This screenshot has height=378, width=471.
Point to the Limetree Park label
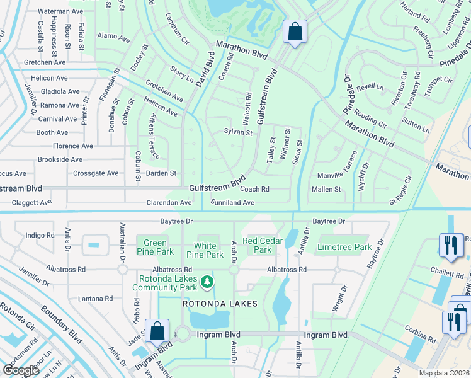345,247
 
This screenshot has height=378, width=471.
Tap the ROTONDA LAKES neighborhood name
220,304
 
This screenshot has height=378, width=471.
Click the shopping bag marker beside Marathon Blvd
294,31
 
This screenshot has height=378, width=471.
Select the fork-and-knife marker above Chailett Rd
450,246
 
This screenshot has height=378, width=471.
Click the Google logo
21,370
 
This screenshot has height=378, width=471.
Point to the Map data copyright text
445,373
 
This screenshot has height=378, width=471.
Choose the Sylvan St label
238,133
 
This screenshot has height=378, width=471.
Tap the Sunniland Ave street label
232,203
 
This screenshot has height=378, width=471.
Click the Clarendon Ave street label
169,203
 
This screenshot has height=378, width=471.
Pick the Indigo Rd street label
40,235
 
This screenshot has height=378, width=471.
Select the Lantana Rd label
95,298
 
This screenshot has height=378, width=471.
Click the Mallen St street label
326,189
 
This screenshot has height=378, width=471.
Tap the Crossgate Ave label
96,173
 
